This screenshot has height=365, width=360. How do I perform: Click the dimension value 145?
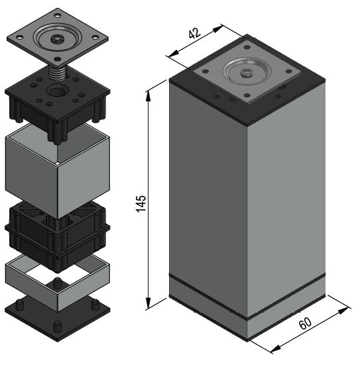coord(141,203)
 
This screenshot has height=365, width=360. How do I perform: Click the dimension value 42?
coord(194,33)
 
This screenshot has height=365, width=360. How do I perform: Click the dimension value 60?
coord(305,323)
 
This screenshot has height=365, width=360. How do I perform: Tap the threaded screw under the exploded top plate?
coord(57,74)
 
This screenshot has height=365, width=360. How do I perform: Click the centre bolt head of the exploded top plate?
coord(56,38)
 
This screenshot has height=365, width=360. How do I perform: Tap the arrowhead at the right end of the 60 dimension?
coord(344,311)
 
